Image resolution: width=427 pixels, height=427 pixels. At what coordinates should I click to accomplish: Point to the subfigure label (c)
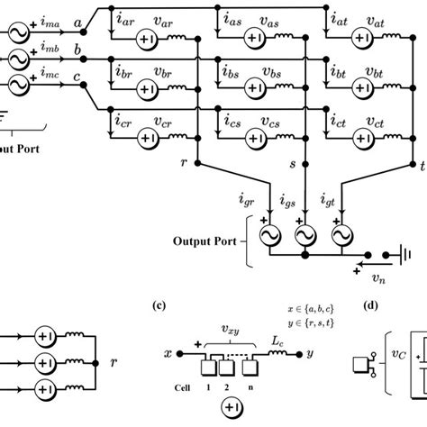(159, 304)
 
